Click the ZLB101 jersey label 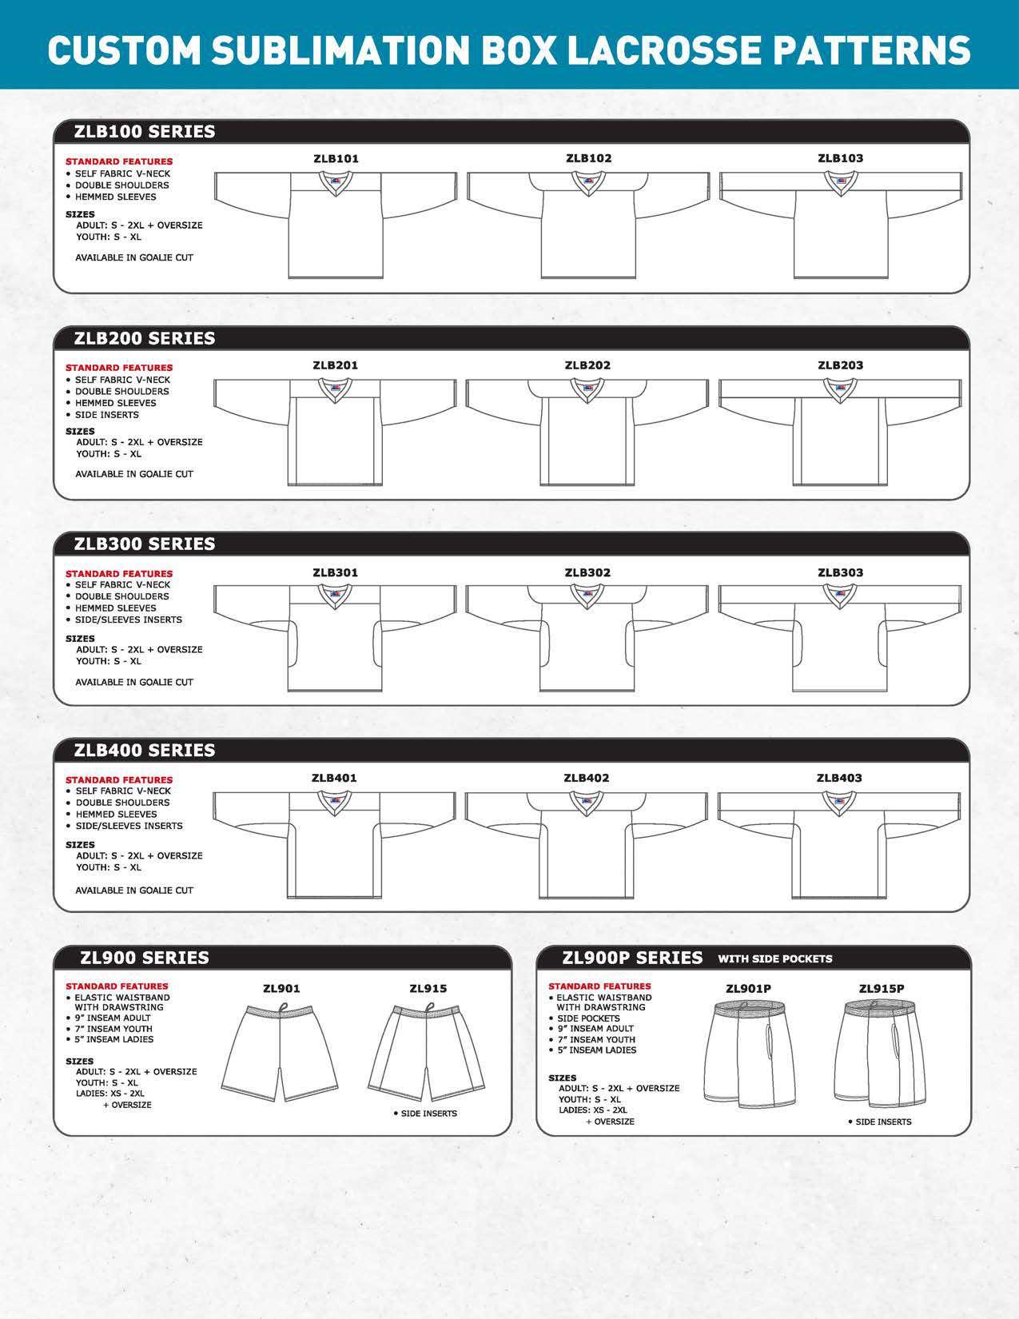pos(336,158)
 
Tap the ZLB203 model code pos(840,365)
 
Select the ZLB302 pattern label pos(587,572)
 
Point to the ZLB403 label pos(839,778)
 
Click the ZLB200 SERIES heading pos(145,338)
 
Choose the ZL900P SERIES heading pos(632,958)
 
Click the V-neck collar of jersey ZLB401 pos(335,801)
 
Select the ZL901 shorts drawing pos(281,1050)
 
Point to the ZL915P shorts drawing pos(882,1055)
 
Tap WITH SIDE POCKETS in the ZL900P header pos(774,958)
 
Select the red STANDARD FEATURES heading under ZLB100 pos(119,162)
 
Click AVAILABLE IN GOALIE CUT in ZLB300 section pos(134,682)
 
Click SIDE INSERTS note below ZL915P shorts pos(883,1122)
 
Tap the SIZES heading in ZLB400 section pos(80,844)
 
